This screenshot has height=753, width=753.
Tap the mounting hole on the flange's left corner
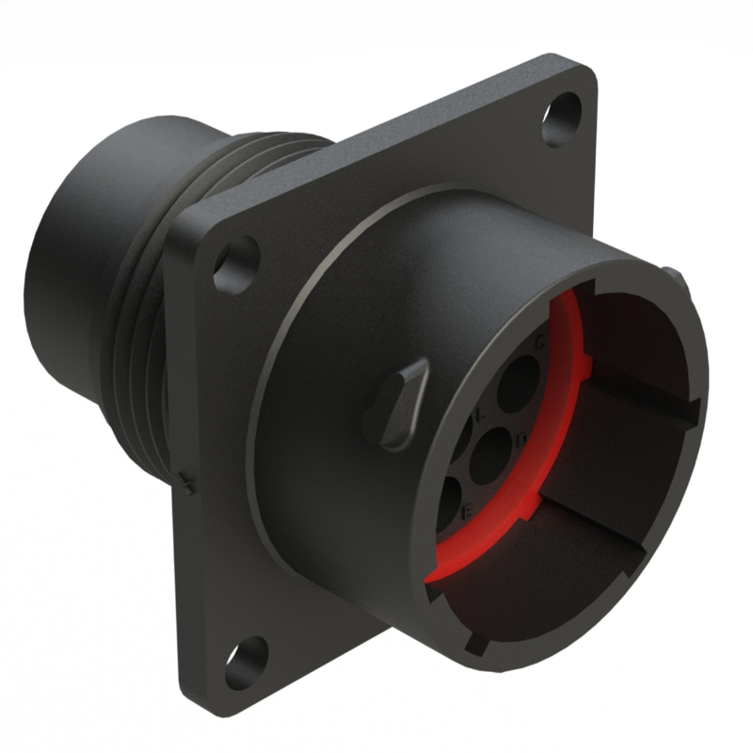click(x=235, y=265)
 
